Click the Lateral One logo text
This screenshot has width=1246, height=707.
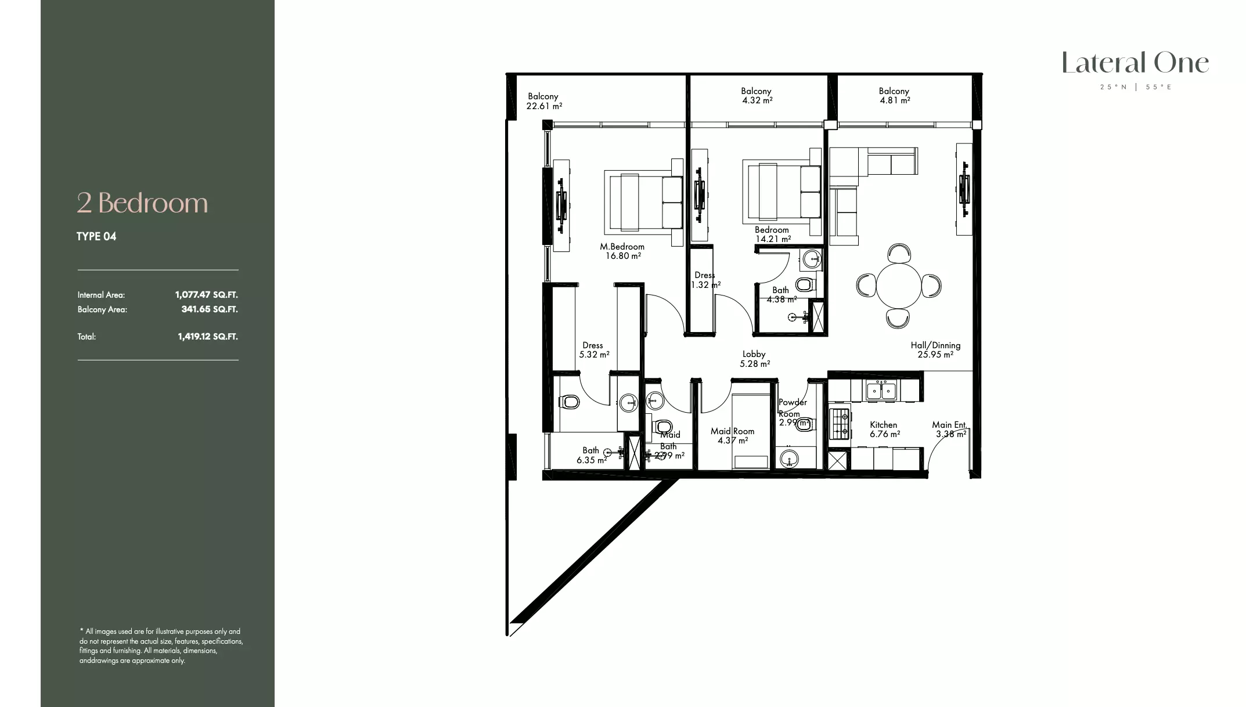pos(1135,63)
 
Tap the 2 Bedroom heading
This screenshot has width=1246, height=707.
pos(142,203)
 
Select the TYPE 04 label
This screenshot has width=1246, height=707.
pos(96,236)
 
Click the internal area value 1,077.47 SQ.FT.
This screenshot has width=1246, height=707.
pos(206,295)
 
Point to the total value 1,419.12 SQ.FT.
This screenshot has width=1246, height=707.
pos(207,337)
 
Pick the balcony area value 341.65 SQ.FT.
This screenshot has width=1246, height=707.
pos(209,309)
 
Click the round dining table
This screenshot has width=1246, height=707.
pos(898,286)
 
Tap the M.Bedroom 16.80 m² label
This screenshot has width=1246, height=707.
pos(622,251)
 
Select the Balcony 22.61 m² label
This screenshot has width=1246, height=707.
pos(543,101)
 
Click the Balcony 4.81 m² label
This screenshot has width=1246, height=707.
pos(894,96)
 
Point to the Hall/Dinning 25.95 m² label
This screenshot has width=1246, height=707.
pos(935,349)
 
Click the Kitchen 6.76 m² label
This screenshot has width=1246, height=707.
pos(884,430)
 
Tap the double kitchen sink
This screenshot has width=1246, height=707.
pos(881,390)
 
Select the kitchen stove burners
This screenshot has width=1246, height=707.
pos(840,423)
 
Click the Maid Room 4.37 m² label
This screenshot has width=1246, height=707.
pos(732,436)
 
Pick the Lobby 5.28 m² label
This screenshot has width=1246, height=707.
pos(754,359)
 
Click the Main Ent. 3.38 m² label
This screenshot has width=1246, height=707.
pos(950,430)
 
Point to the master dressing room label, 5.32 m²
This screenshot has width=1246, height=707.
pos(593,350)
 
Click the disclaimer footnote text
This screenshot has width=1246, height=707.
pos(161,645)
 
